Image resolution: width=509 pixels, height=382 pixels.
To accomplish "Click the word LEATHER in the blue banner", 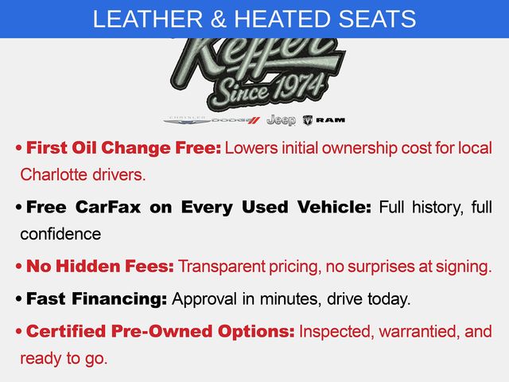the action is tap(148, 19).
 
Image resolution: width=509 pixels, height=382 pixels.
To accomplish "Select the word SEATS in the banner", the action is tap(377, 19).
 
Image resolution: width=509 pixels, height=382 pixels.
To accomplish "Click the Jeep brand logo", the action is tap(281, 120).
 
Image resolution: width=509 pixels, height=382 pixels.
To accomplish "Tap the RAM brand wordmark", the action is tap(331, 120).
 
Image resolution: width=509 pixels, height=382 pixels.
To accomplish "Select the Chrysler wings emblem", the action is tap(188, 120).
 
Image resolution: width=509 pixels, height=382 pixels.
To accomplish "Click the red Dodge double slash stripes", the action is tap(254, 120).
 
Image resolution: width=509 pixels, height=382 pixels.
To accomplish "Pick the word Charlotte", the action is tap(54, 175).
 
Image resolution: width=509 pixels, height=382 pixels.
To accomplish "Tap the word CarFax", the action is tap(108, 207).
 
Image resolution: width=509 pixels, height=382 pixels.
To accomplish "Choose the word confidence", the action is tap(60, 234).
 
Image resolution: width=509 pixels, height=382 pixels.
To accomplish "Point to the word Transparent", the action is tap(222, 267).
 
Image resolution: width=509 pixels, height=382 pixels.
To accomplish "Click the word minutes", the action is tap(289, 299).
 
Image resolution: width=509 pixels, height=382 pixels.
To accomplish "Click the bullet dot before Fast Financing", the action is tap(19, 299).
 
